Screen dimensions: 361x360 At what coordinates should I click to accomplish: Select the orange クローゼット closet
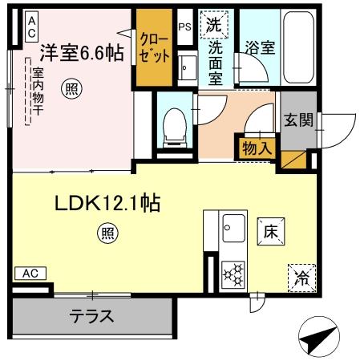154,47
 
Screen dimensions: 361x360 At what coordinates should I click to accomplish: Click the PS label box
184,26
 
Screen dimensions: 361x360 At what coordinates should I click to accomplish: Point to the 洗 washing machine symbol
212,25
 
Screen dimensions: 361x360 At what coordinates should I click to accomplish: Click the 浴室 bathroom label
261,47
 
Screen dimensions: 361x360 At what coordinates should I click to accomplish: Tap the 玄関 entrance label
297,121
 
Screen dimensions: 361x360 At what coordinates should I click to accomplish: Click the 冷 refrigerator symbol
301,278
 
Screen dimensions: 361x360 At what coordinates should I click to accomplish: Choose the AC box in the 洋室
30,26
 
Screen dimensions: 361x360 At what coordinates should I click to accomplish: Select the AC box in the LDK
30,273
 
